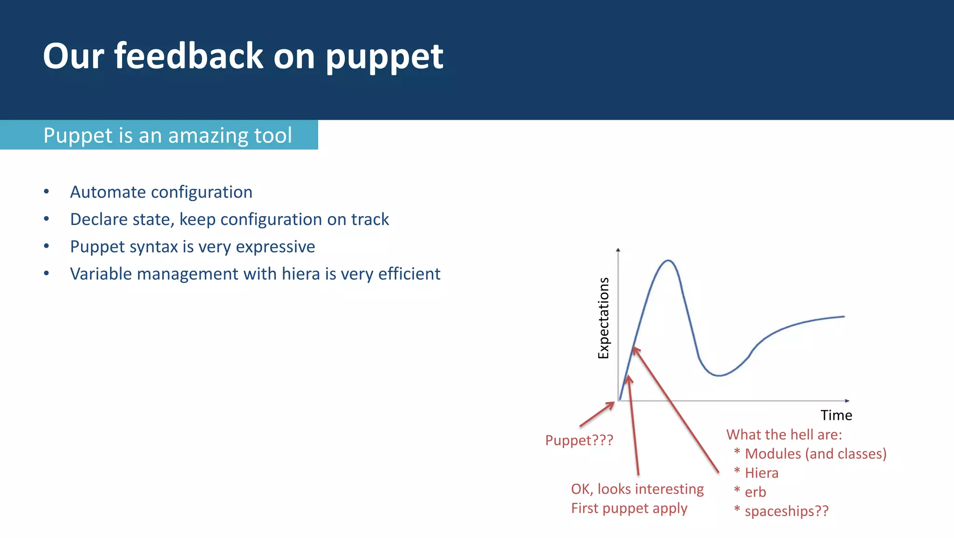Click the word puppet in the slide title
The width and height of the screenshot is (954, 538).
[384, 57]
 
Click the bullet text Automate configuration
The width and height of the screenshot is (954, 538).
[161, 192]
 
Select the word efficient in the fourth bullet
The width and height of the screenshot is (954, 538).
[409, 274]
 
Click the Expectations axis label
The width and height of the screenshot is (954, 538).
[603, 318]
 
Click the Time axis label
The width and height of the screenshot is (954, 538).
[836, 415]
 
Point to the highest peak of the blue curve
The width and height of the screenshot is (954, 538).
[668, 261]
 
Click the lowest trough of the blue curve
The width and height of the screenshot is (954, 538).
[719, 375]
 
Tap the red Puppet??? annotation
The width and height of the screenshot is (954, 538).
[579, 440]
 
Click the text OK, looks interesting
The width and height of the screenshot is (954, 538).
[637, 489]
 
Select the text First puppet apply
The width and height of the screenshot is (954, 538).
[629, 508]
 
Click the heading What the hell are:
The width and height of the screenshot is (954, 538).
[784, 435]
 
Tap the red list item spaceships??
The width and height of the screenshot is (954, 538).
[786, 511]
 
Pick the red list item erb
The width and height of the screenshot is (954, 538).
[755, 492]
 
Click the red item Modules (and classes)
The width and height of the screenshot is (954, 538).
[815, 454]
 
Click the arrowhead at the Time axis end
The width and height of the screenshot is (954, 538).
[847, 401]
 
